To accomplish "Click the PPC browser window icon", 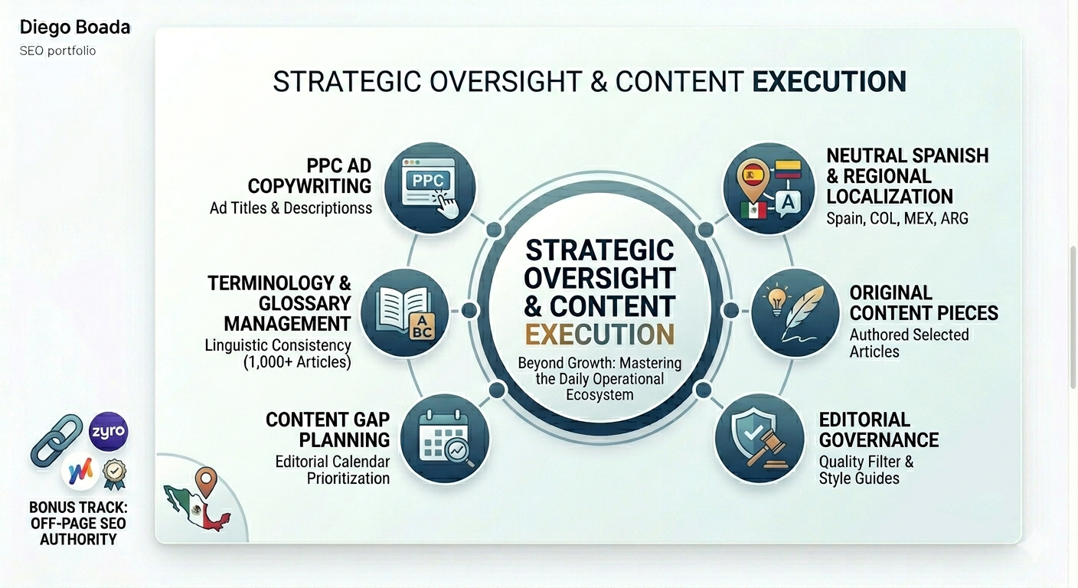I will pos(430,187).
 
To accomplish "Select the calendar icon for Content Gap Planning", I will pos(445,439).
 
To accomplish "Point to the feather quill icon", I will pos(796,313).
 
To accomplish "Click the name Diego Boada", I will pos(75,28).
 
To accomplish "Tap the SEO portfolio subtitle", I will pos(57,51).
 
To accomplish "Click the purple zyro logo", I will pos(108,431).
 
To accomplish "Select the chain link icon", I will pos(57,441).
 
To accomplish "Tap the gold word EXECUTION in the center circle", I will pos(599,335).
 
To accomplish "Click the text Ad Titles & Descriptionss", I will pos(291,207).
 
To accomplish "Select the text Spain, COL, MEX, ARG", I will pos(897,218).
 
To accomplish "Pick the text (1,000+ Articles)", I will pos(297,363).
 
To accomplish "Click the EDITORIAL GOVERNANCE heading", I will pos(878,430).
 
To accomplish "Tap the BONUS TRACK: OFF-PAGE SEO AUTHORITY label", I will pos(78,523).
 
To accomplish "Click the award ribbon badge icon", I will pos(115,473).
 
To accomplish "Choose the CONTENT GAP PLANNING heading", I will pos(328,430).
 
